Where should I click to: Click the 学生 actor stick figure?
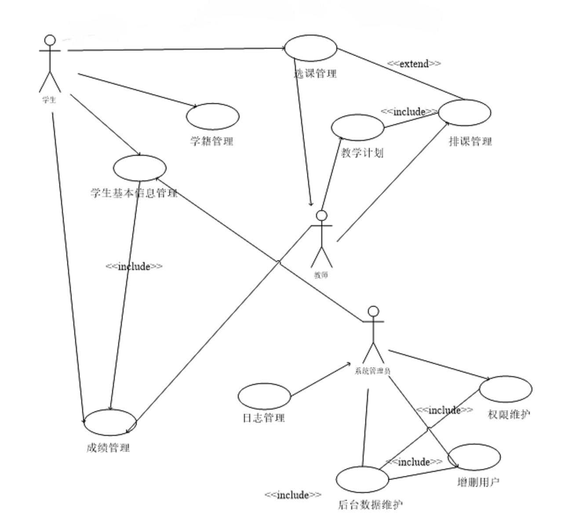pos(50,64)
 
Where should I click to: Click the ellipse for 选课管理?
pos(310,48)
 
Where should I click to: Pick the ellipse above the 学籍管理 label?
pos(213,117)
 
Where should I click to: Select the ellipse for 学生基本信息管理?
pos(140,168)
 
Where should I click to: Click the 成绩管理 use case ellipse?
pos(110,423)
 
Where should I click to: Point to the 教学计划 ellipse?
pos(357,128)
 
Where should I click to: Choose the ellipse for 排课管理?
pos(464,113)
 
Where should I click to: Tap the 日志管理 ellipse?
pos(264,396)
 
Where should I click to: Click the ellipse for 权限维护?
pos(506,389)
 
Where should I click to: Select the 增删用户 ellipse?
pos(474,457)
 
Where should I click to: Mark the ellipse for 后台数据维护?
pos(362,479)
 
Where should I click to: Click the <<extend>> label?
pos(414,64)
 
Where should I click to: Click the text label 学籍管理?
pos(211,141)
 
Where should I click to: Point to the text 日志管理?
pos(264,418)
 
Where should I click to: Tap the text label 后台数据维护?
pos(370,505)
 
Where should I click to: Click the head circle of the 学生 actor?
pos(50,40)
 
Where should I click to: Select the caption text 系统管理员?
pos(373,371)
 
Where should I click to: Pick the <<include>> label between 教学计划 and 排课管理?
pos(409,111)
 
